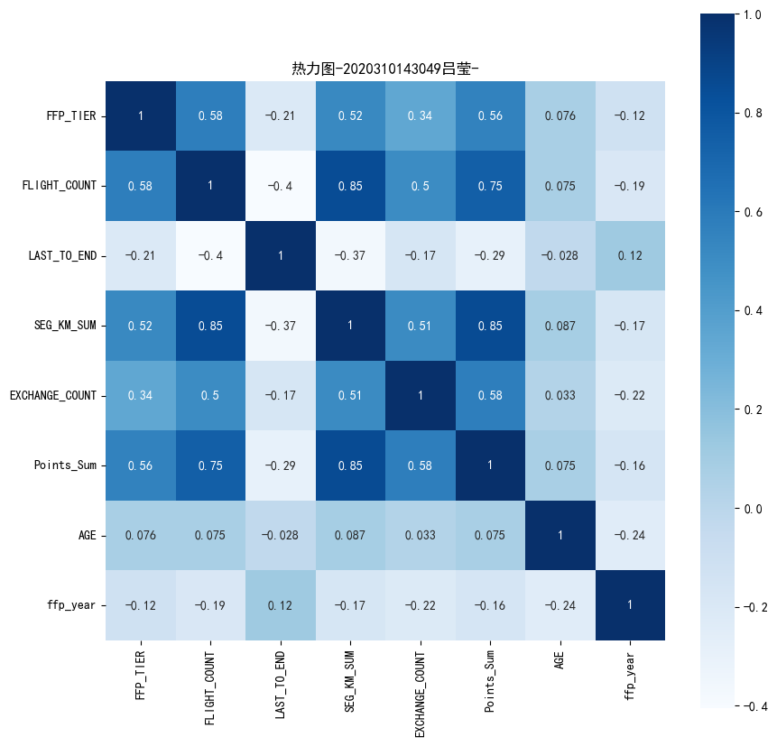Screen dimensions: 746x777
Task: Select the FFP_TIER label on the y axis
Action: point(72,115)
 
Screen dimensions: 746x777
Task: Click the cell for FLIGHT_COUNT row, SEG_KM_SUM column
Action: point(351,186)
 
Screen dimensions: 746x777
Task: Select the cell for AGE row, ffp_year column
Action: point(631,535)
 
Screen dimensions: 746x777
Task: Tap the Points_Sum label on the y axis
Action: point(67,465)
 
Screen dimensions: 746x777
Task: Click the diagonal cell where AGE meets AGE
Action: point(560,535)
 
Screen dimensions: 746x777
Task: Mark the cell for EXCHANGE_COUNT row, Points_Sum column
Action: point(491,395)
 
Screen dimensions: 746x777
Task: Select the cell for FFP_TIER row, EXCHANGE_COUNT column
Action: point(421,115)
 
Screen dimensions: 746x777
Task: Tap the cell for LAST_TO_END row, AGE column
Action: point(560,255)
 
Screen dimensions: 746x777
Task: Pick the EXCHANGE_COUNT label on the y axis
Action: point(54,395)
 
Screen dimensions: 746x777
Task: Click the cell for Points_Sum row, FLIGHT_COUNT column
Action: point(211,465)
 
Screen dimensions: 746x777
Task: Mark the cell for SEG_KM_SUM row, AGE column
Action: point(560,326)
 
